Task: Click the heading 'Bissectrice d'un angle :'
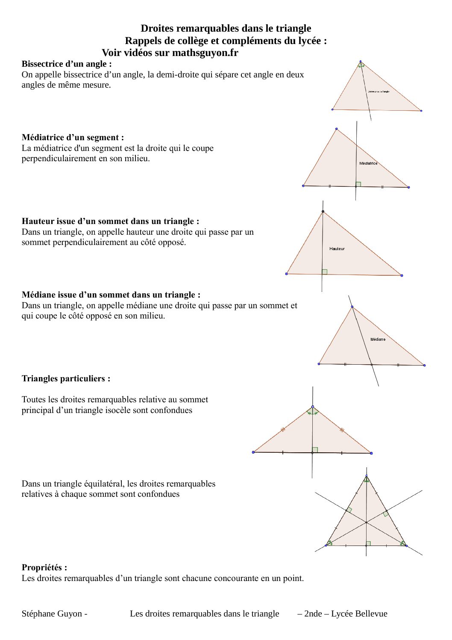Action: click(67, 64)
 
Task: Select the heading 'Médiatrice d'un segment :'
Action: click(73, 138)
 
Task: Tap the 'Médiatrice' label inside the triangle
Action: click(368, 163)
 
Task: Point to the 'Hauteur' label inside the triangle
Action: click(337, 248)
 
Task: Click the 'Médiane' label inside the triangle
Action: click(378, 339)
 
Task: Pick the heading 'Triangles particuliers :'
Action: click(66, 379)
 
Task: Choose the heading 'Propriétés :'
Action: click(44, 568)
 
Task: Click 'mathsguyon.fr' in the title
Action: click(205, 53)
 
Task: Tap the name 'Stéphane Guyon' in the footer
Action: click(52, 614)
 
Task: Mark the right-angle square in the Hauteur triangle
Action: click(325, 271)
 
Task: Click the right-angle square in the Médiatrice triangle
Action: click(358, 184)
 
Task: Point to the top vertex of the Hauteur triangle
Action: click(323, 212)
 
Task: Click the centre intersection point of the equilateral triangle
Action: click(366, 522)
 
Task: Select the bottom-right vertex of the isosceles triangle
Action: click(371, 453)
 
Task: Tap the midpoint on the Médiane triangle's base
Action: click(371, 365)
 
